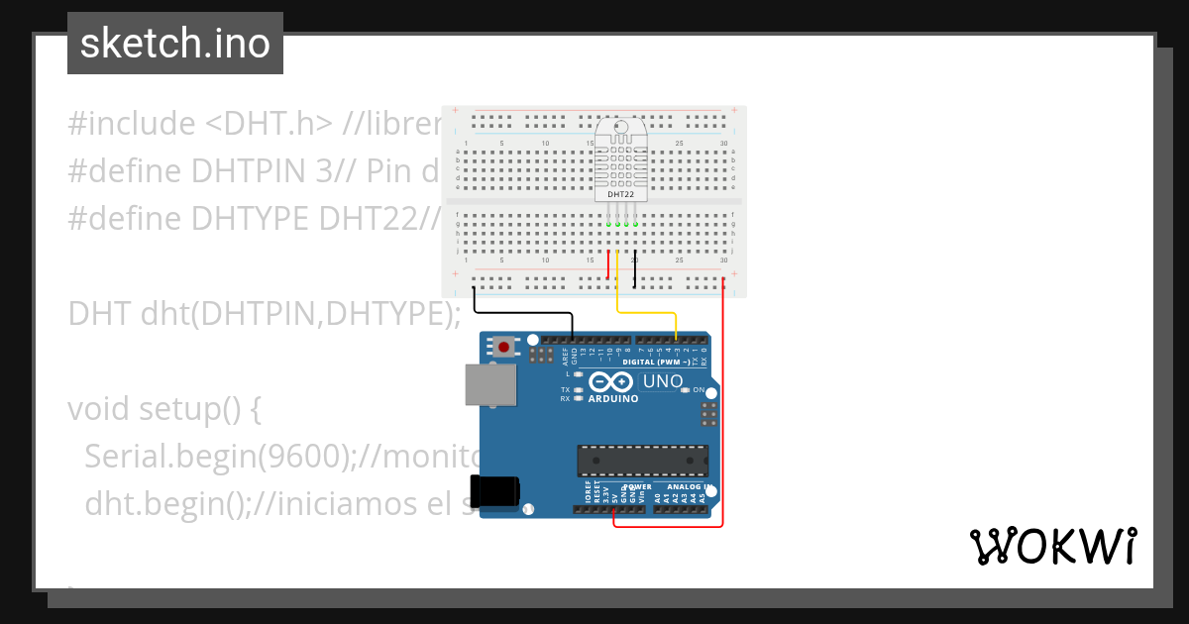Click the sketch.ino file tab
pyautogui.click(x=174, y=44)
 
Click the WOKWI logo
pyautogui.click(x=1052, y=547)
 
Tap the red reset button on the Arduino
pyautogui.click(x=504, y=348)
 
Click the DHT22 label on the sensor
pyautogui.click(x=621, y=195)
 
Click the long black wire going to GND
pyautogui.click(x=525, y=313)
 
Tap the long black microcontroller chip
pyautogui.click(x=643, y=461)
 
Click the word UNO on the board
pyautogui.click(x=663, y=382)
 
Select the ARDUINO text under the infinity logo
pyautogui.click(x=614, y=398)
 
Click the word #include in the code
pyautogui.click(x=132, y=124)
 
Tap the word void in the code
pyautogui.click(x=100, y=408)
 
